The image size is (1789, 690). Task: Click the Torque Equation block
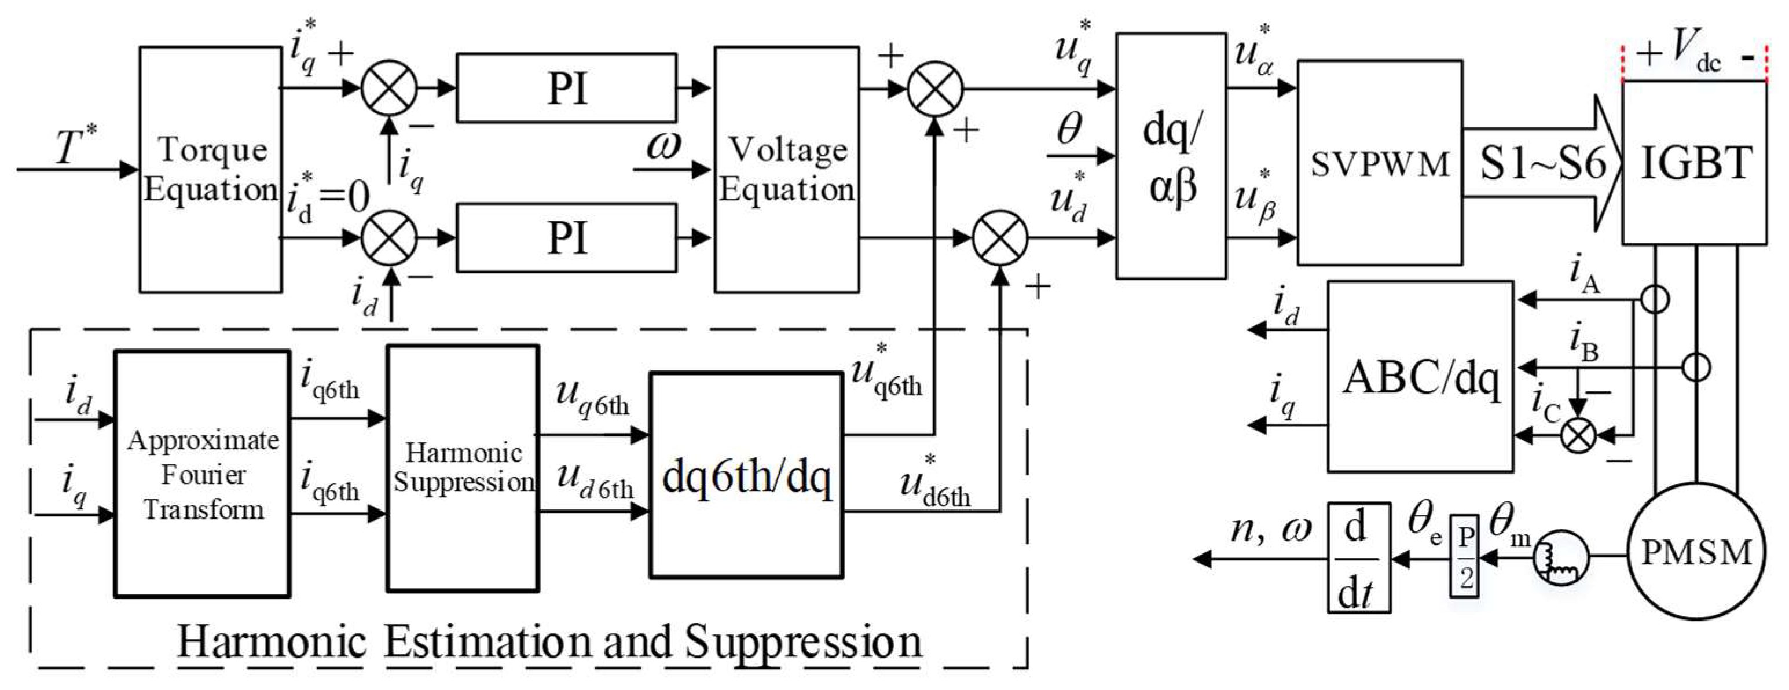coord(210,170)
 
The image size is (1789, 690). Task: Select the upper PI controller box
coord(566,88)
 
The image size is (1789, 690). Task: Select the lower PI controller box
coord(566,237)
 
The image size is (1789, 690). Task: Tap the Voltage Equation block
coord(786,170)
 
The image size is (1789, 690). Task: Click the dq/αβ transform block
coord(1171,156)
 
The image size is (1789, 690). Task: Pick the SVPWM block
coord(1380,163)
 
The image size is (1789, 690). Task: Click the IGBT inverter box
coord(1695,163)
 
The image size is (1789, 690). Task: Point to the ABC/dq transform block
coord(1420,377)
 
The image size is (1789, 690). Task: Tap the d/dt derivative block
coord(1358,557)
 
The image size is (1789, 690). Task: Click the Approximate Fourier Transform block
coord(202,474)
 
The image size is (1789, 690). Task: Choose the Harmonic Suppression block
coord(463,468)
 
